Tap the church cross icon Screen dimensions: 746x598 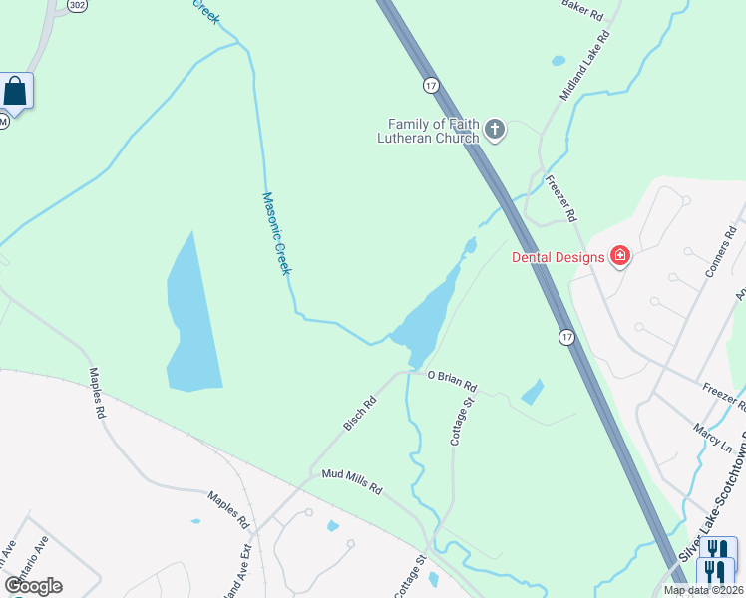pos(496,129)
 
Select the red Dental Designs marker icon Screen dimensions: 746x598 pos(620,257)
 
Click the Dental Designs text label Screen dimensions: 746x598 pos(559,257)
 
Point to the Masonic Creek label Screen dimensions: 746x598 pos(276,235)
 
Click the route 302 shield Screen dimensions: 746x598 pos(77,5)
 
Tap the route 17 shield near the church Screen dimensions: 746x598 pos(430,85)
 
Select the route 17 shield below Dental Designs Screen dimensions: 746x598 pos(566,337)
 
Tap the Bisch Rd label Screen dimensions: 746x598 pos(360,414)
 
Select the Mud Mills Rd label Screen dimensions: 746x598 pos(352,483)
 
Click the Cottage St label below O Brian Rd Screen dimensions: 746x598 pos(461,420)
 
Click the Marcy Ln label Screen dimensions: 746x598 pos(711,438)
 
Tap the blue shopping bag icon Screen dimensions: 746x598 pos(17,92)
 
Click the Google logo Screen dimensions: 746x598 pos(33,585)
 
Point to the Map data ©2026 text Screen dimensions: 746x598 pos(704,590)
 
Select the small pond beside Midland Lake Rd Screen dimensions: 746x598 pos(559,61)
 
